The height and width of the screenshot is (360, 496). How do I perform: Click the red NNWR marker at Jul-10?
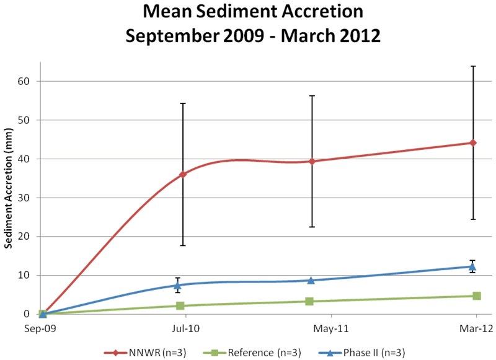coord(183,174)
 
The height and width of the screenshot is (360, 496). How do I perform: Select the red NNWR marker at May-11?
coord(312,161)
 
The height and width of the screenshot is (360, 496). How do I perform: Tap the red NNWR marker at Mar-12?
coord(474,143)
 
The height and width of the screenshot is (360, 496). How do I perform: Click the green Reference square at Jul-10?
coord(180,305)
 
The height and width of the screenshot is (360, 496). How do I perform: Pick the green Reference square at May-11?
coord(309,301)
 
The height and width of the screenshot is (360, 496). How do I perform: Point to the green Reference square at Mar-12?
coord(476,296)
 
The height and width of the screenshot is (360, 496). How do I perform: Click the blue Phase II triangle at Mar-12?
coord(474,266)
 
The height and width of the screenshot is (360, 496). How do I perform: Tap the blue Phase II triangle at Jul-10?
coord(177,285)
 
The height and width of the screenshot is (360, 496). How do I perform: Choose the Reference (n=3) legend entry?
coord(252,353)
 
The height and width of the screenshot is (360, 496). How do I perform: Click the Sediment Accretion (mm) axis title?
coord(9,198)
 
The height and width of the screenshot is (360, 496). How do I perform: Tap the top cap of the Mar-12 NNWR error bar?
coord(474,66)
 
